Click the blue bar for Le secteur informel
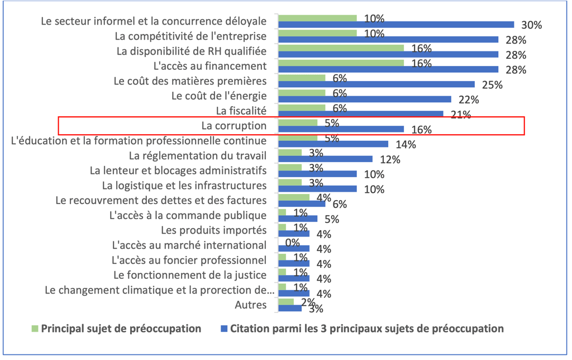point(396,25)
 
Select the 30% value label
point(532,25)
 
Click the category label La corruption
point(234,126)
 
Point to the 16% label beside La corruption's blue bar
point(422,130)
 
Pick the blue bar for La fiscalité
point(360,114)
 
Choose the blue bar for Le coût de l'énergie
point(364,100)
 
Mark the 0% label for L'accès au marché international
point(293,243)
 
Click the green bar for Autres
point(285,302)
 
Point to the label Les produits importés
point(213,230)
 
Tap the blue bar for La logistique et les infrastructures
point(317,189)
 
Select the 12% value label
point(390,159)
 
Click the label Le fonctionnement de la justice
point(189,274)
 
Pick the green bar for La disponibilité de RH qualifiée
point(341,48)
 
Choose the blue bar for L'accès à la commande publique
point(298,219)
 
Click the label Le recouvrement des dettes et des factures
point(161,200)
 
